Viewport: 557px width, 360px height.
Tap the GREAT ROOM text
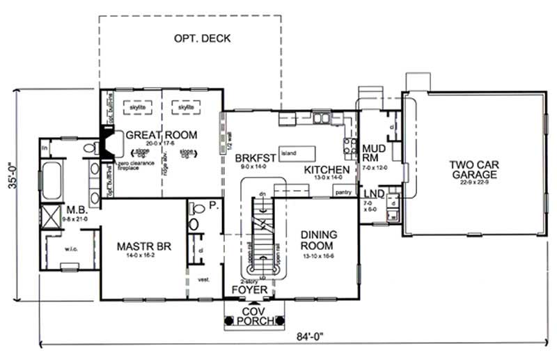pos(161,134)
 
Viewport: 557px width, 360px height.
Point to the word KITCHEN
pos(327,170)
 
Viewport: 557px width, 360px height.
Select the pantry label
pos(343,193)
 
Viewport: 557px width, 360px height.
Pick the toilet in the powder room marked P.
pos(196,207)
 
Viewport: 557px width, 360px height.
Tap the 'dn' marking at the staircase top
pos(262,193)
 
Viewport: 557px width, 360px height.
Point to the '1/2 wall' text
pos(228,143)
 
